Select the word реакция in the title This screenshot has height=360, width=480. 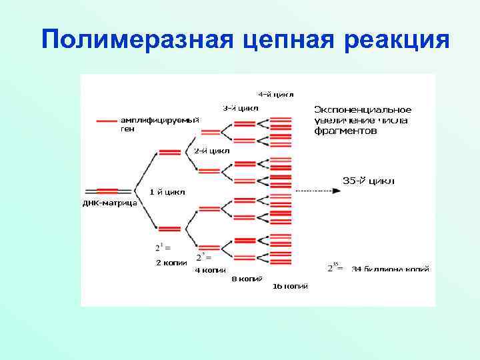[x=397, y=39]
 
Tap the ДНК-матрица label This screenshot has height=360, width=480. [x=110, y=203]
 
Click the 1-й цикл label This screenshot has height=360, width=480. [x=167, y=192]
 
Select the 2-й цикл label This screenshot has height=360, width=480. [x=211, y=151]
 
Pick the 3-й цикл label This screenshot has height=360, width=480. [x=241, y=108]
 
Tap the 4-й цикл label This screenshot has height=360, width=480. [x=276, y=94]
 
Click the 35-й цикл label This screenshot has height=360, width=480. [x=368, y=181]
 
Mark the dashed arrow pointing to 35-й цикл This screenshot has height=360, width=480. [x=317, y=191]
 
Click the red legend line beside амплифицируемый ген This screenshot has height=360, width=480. [x=107, y=121]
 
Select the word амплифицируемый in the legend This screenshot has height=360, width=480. [x=159, y=120]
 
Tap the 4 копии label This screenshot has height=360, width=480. [x=210, y=271]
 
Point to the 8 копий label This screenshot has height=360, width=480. [x=247, y=279]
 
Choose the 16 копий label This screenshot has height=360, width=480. [x=290, y=287]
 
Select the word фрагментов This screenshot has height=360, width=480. [x=345, y=131]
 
